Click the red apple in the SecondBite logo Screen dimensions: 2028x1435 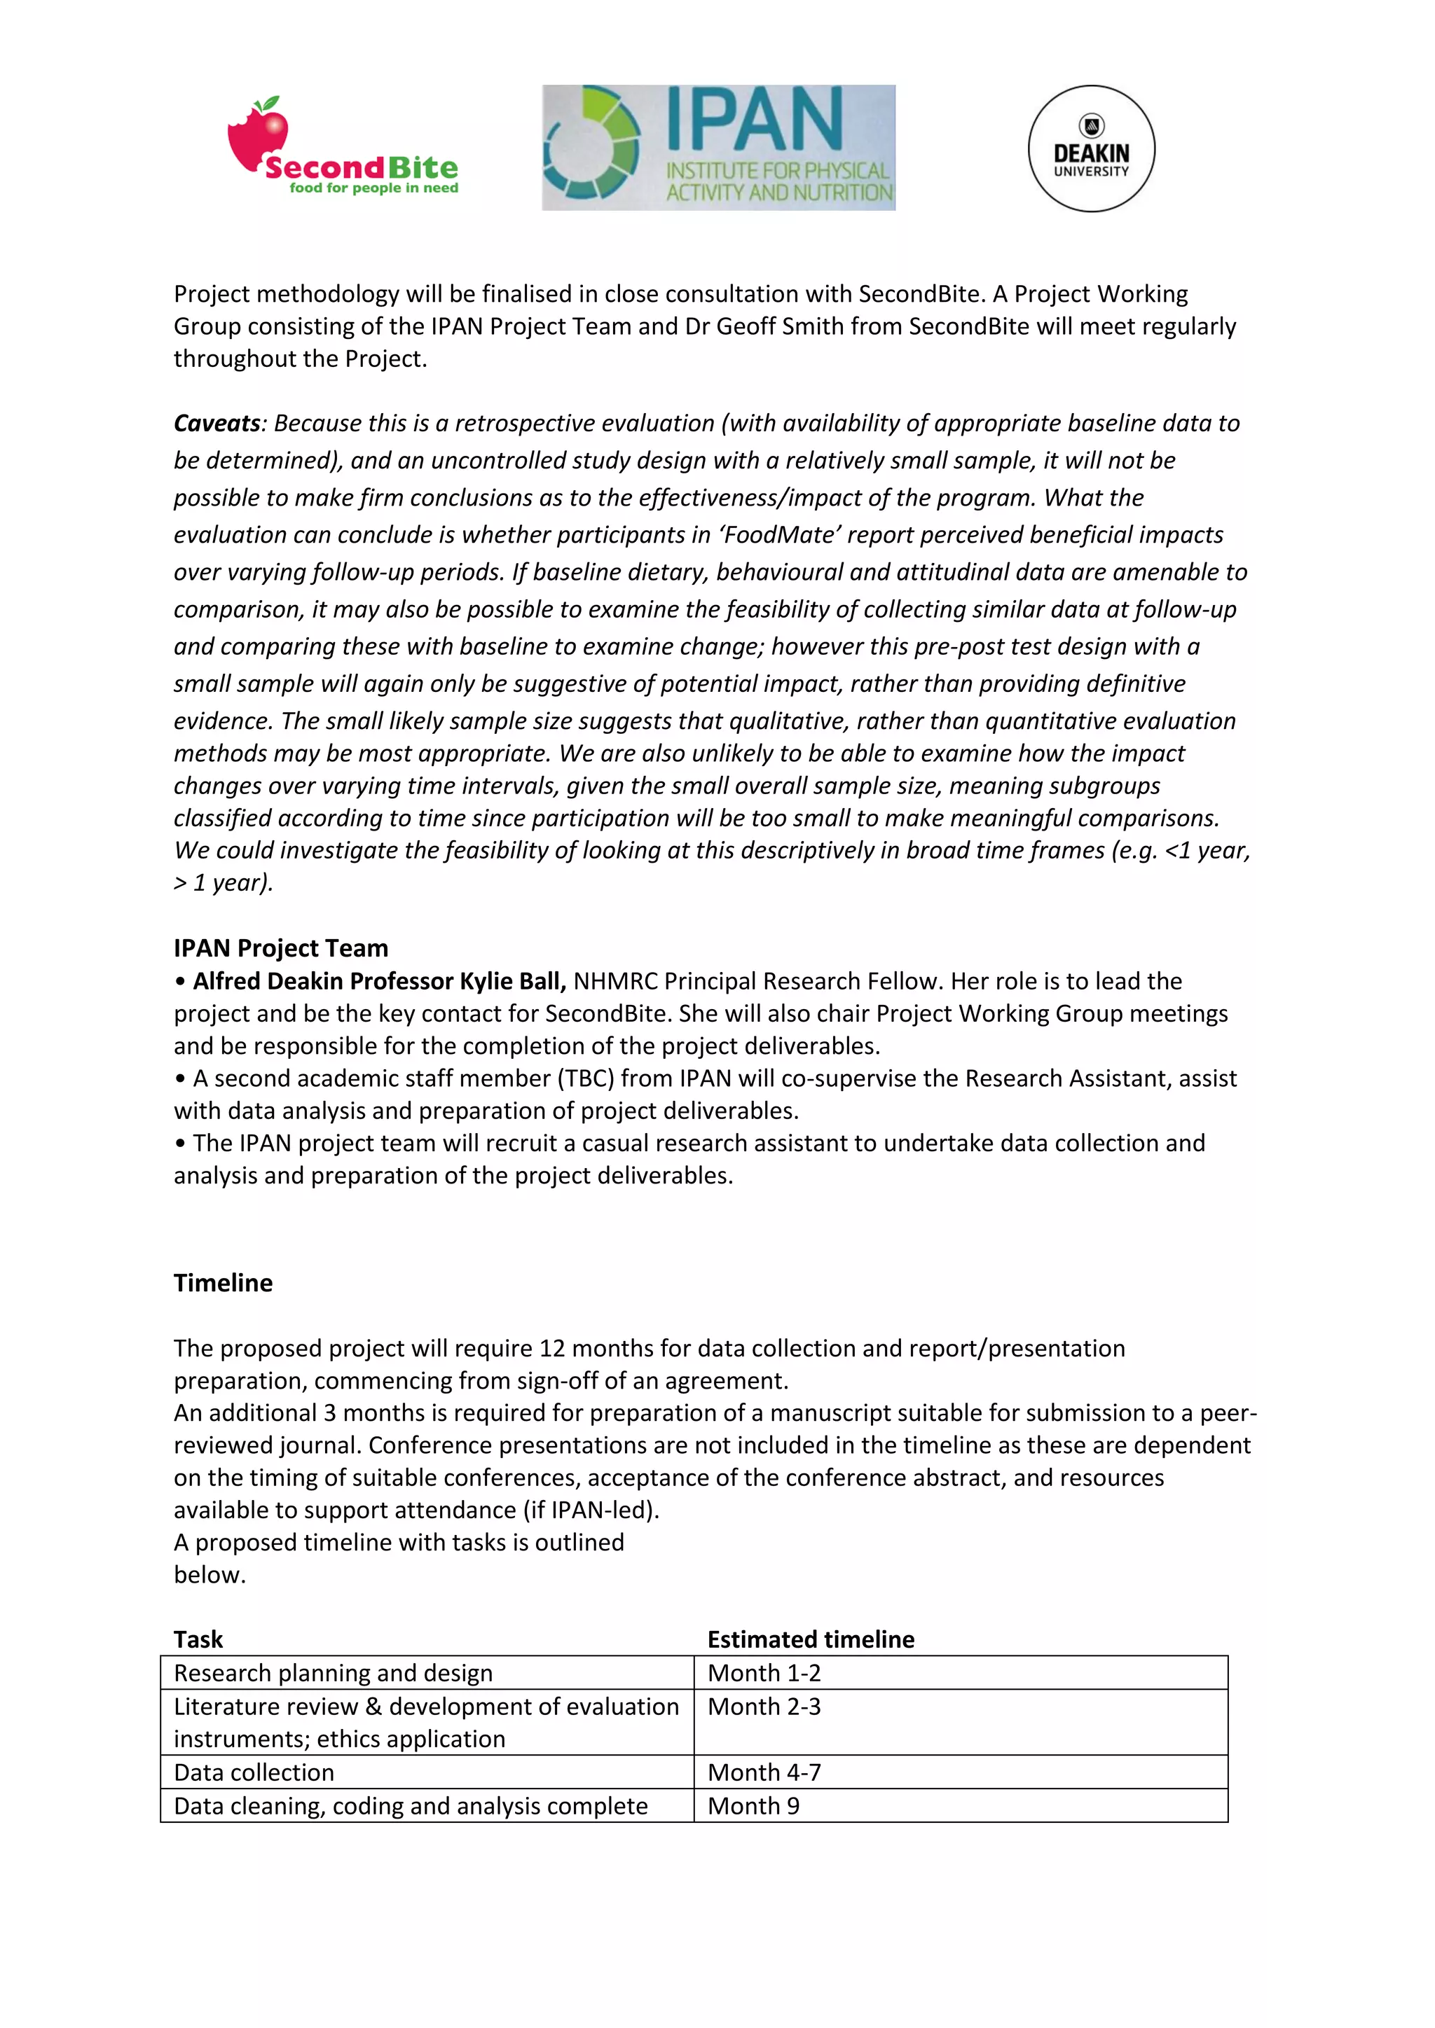[x=257, y=137]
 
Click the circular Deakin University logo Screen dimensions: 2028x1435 [x=1091, y=148]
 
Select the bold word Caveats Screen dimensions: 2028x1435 [x=217, y=423]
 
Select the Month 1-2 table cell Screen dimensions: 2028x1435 [x=764, y=1673]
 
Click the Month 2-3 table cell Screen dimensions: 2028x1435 [x=764, y=1707]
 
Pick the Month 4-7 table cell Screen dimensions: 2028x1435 [x=764, y=1772]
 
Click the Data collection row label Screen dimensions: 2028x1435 [x=254, y=1772]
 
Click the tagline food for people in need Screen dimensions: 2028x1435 [x=373, y=188]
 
